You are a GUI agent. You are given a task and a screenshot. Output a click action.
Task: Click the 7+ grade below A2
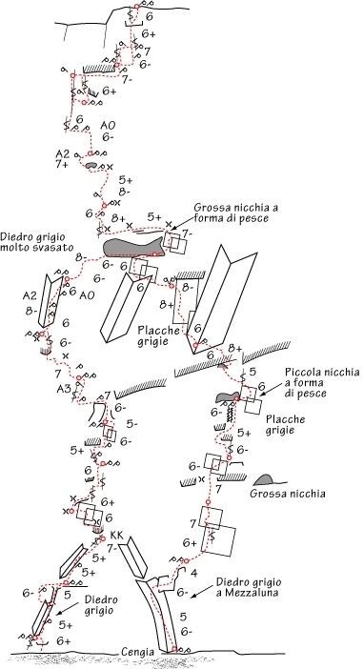[62, 165]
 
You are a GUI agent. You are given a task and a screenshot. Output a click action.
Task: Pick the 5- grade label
[132, 424]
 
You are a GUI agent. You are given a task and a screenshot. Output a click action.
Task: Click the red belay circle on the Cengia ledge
[174, 649]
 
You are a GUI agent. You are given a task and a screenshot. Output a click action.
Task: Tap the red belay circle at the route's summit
[136, 6]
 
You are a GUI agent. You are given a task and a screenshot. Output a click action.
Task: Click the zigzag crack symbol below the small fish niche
[230, 413]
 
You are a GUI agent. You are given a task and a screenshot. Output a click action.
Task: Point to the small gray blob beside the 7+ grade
[91, 165]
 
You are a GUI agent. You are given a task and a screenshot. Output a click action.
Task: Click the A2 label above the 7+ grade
[62, 153]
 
